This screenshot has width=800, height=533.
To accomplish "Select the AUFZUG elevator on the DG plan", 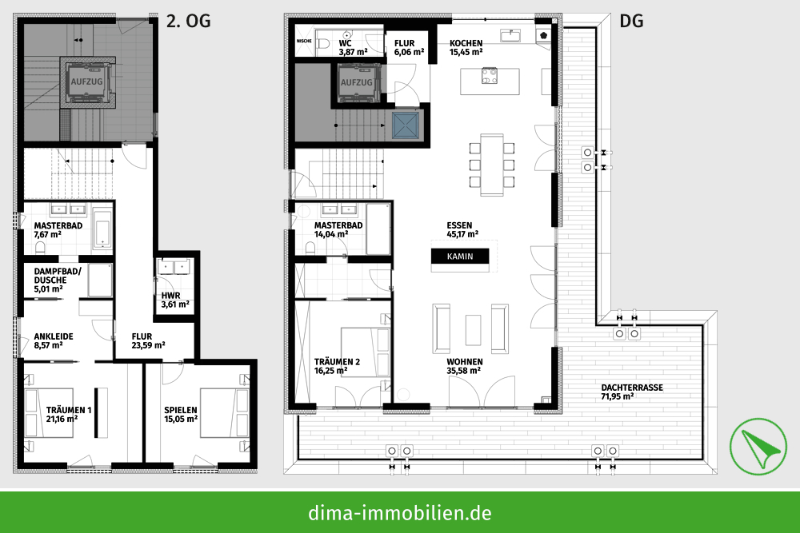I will [356, 83].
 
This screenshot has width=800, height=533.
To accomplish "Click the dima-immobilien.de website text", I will [399, 512].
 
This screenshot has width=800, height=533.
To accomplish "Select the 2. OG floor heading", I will [188, 22].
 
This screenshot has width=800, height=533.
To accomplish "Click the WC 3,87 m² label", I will [353, 47].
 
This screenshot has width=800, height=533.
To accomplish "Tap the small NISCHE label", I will [304, 40].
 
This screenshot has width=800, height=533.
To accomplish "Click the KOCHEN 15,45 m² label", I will [466, 47].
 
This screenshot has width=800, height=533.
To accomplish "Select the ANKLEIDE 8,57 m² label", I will [54, 341].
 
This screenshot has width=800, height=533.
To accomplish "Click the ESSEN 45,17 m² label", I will [462, 230].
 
